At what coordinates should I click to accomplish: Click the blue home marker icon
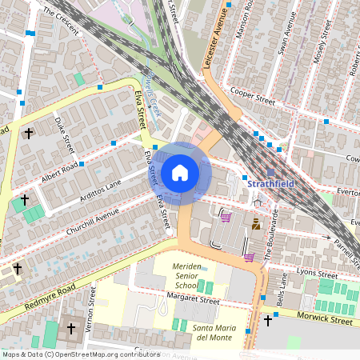tap(180, 173)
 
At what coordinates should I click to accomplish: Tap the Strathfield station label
tap(270, 183)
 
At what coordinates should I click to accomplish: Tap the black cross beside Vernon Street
tap(70, 328)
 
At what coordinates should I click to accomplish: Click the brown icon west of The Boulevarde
tap(256, 226)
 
